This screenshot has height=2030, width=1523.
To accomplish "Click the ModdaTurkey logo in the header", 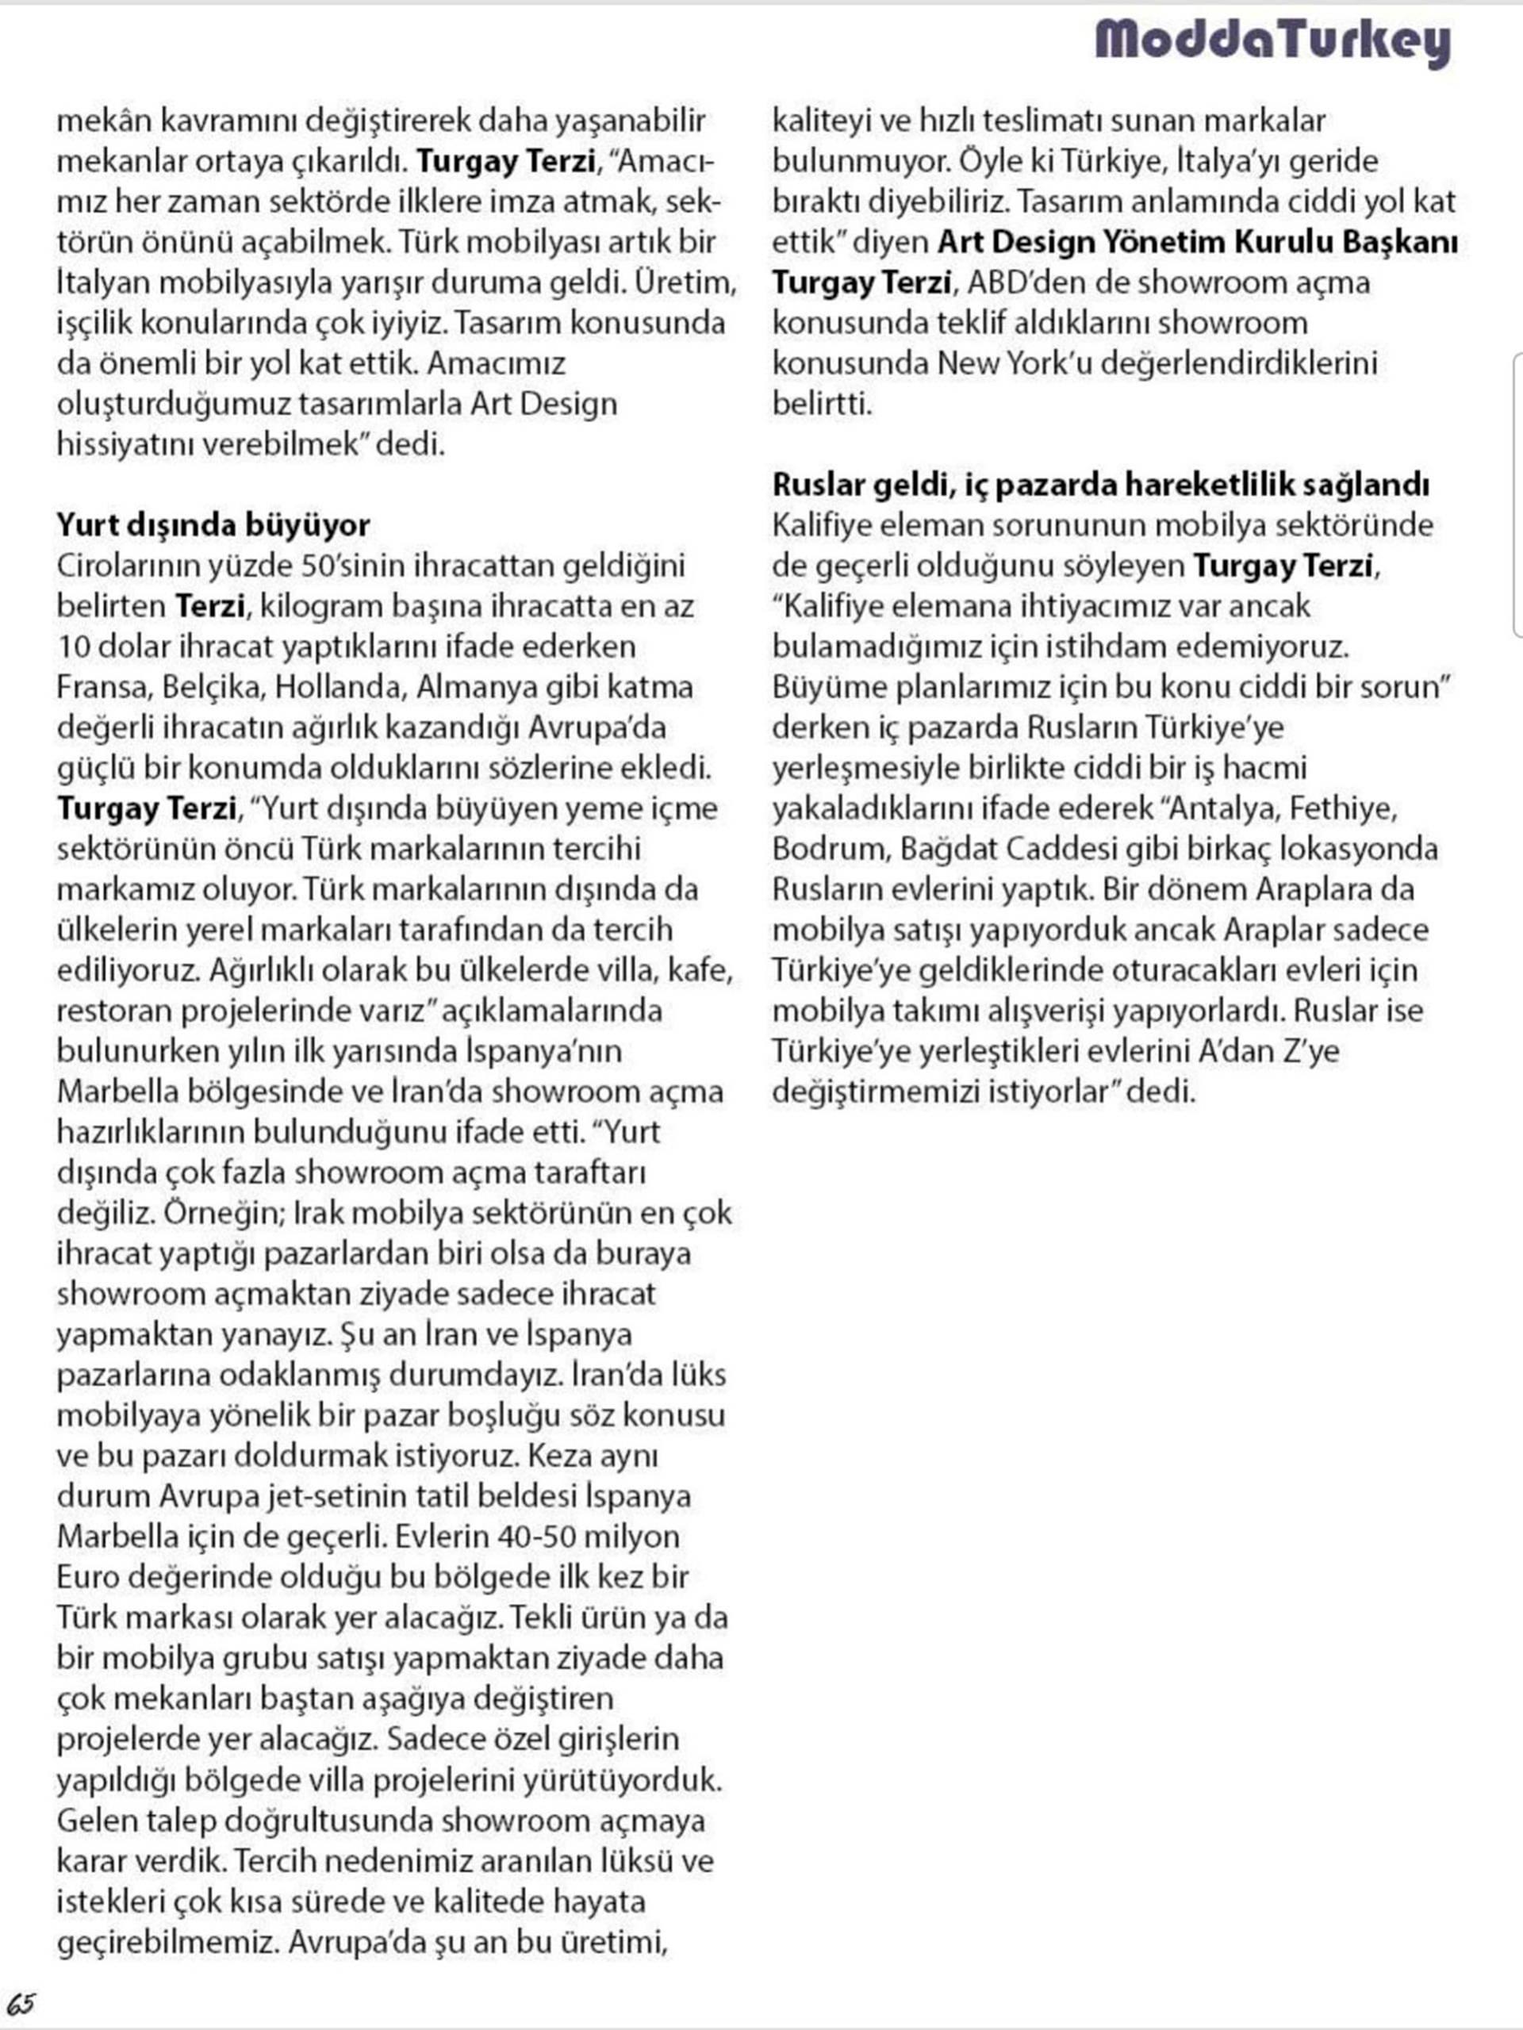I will [x=1272, y=41].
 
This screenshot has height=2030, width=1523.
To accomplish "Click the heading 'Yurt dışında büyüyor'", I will [x=213, y=525].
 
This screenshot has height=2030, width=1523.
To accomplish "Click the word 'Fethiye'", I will [x=1343, y=808].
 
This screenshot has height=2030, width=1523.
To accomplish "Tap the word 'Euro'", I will [x=88, y=1577].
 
